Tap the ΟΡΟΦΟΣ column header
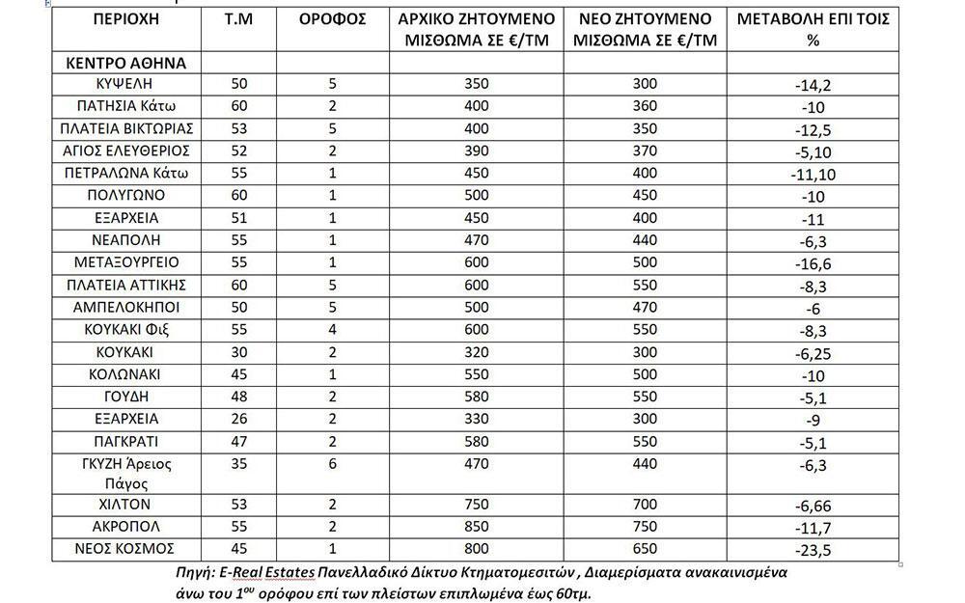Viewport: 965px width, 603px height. (333, 19)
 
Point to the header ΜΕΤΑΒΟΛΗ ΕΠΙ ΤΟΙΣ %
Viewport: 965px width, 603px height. (813, 31)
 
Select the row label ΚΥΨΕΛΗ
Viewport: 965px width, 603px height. (126, 84)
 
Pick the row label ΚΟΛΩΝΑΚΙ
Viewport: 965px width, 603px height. (126, 373)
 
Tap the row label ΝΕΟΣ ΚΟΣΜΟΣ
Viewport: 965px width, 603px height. (126, 548)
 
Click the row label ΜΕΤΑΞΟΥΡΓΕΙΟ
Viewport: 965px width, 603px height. (126, 262)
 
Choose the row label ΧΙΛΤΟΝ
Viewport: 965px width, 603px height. (126, 504)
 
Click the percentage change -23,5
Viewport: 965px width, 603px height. (812, 551)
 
